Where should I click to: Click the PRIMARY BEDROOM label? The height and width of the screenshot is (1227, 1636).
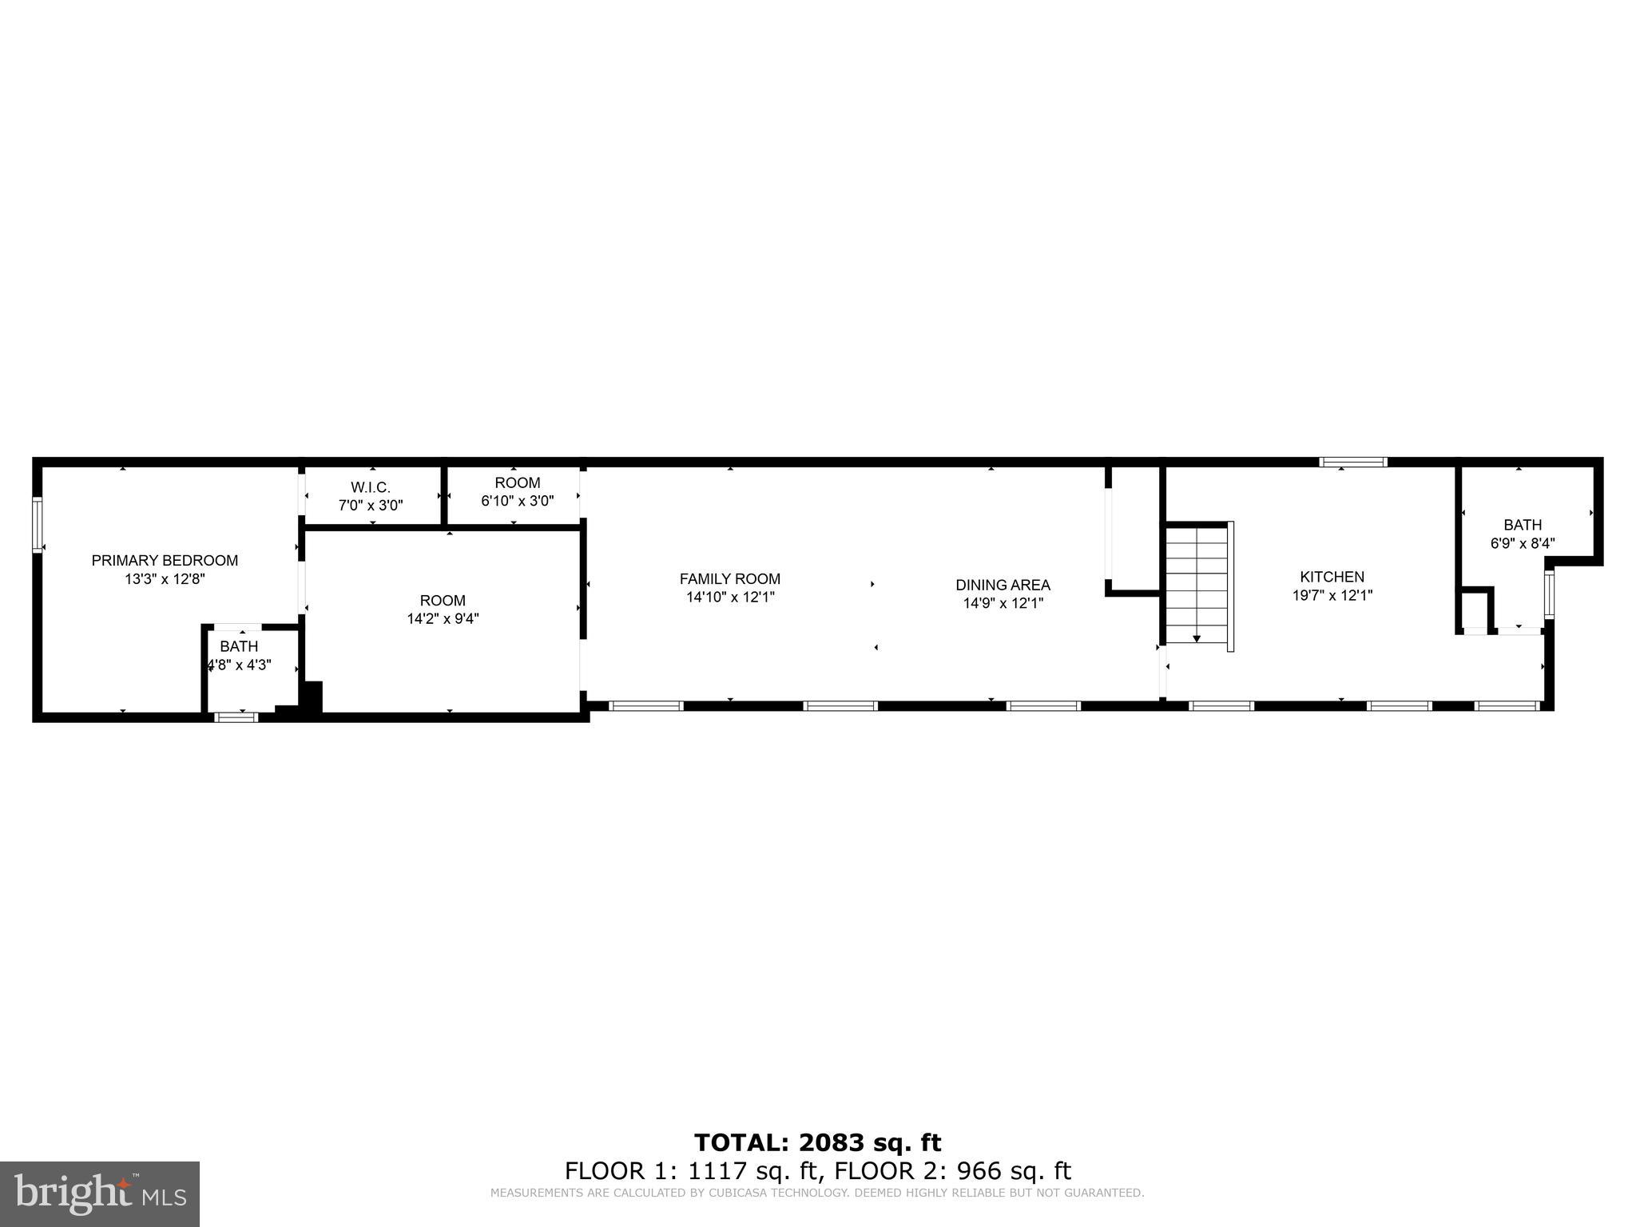click(x=165, y=561)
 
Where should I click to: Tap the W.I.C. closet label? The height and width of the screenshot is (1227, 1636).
click(x=371, y=487)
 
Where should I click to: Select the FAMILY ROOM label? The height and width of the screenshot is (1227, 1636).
click(x=730, y=579)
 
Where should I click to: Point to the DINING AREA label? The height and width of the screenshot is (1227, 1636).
click(x=1003, y=586)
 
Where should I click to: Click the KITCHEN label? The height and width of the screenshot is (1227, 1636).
click(x=1332, y=577)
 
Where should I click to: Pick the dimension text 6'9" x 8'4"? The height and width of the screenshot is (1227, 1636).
click(x=1523, y=544)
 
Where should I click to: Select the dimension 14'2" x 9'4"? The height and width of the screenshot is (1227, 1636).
click(x=443, y=618)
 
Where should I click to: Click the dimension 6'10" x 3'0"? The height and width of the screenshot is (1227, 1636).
click(x=518, y=501)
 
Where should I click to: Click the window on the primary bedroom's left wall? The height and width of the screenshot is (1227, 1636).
click(x=37, y=524)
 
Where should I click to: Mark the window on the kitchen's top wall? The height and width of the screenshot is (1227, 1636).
click(x=1353, y=462)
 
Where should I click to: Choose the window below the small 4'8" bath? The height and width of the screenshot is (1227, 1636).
click(x=237, y=717)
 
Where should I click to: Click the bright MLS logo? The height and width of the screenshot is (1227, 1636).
click(x=100, y=1193)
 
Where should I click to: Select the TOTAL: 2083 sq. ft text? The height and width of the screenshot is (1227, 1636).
click(x=817, y=1143)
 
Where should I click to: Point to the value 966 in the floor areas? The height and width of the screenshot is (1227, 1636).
click(x=979, y=1171)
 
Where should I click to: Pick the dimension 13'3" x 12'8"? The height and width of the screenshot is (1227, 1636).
click(x=165, y=579)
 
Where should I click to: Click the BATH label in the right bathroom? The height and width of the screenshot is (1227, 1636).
click(x=1523, y=525)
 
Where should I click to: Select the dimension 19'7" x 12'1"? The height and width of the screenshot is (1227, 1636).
click(x=1332, y=595)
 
